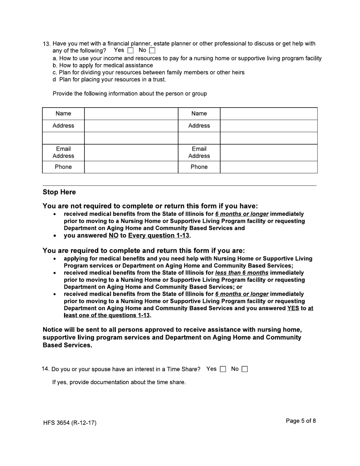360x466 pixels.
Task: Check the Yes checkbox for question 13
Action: pyautogui.click(x=131, y=50)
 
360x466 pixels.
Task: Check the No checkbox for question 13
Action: pyautogui.click(x=152, y=50)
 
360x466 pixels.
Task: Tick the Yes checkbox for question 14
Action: pyautogui.click(x=223, y=369)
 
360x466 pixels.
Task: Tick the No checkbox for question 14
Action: pyautogui.click(x=245, y=369)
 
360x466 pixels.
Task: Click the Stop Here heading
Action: pyautogui.click(x=59, y=192)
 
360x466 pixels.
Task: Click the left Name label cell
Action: pyautogui.click(x=63, y=114)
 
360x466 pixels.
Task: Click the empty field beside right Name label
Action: pyautogui.click(x=269, y=114)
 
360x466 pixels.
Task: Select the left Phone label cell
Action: pyautogui.click(x=63, y=167)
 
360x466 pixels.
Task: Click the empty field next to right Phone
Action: pyautogui.click(x=269, y=167)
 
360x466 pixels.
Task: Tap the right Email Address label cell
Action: pyautogui.click(x=199, y=152)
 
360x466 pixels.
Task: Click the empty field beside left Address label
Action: pyautogui.click(x=131, y=126)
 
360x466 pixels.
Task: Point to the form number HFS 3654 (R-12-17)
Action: pyautogui.click(x=70, y=423)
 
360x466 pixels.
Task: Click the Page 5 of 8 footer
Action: pyautogui.click(x=301, y=421)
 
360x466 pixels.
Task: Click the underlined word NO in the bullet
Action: pyautogui.click(x=113, y=236)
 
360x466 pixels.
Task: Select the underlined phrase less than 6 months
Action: pyautogui.click(x=242, y=273)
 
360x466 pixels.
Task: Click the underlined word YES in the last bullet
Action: pyautogui.click(x=293, y=308)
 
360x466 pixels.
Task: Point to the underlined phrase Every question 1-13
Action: pyautogui.click(x=158, y=236)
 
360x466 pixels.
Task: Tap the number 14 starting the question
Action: pyautogui.click(x=45, y=369)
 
